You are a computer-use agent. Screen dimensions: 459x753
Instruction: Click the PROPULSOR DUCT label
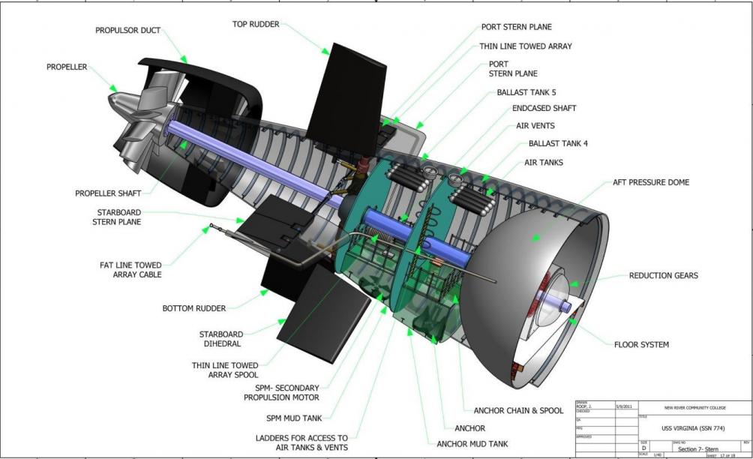pyautogui.click(x=127, y=31)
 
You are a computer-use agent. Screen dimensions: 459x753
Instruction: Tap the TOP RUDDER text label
pyautogui.click(x=255, y=24)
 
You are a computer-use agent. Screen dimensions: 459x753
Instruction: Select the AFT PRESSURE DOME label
pyautogui.click(x=648, y=182)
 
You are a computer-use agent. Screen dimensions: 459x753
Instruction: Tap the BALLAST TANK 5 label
pyautogui.click(x=526, y=93)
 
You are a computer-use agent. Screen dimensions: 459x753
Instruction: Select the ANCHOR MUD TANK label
pyautogui.click(x=472, y=443)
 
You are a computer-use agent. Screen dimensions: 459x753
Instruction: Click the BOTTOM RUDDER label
pyautogui.click(x=194, y=308)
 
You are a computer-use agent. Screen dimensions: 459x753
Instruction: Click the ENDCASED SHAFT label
pyautogui.click(x=544, y=109)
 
